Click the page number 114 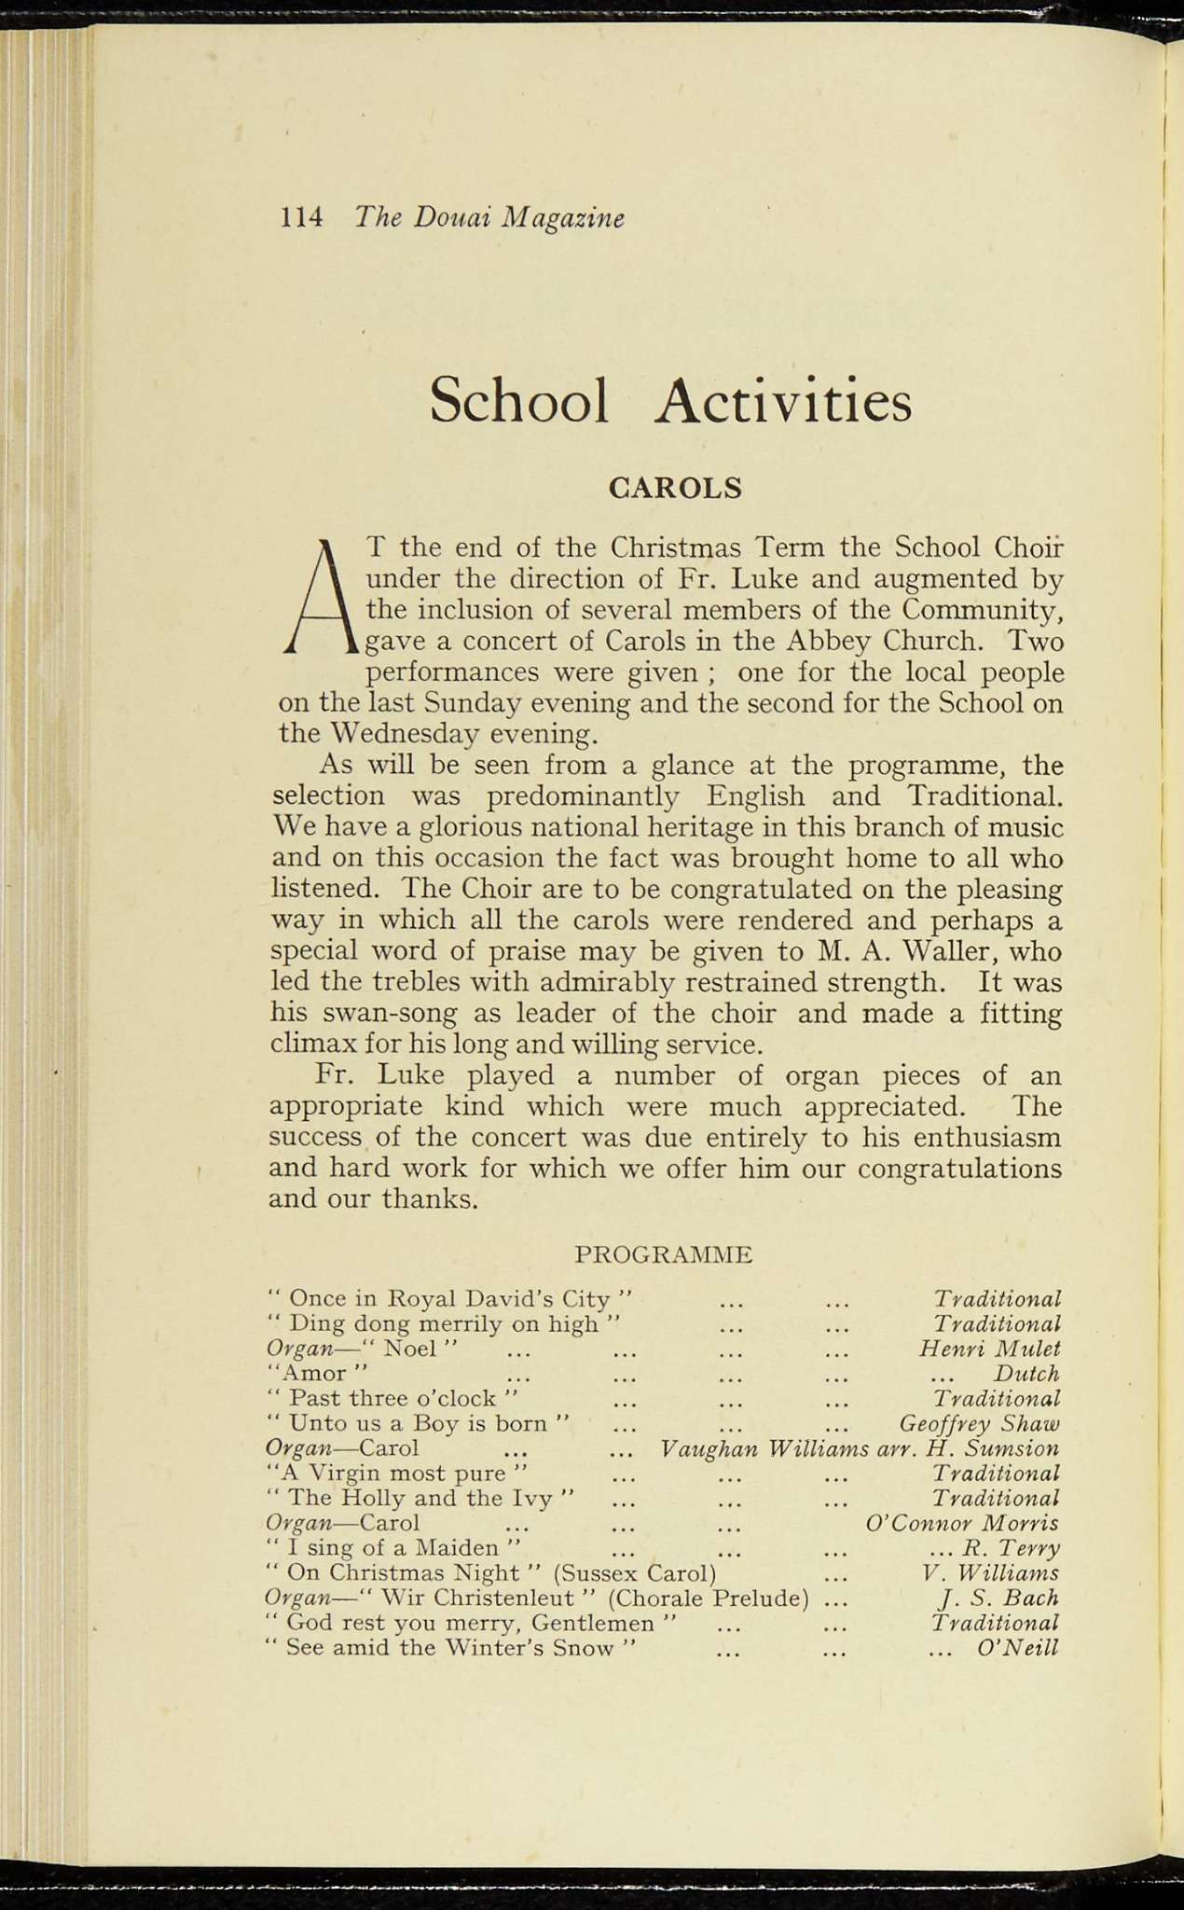pos(301,218)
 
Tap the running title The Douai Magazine pos(489,218)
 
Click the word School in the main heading pos(519,401)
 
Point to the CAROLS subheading pos(674,488)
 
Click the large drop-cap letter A pos(320,597)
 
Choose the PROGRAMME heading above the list pos(663,1254)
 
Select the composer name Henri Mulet pos(989,1349)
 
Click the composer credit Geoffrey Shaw pos(979,1423)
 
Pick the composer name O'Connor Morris pos(962,1524)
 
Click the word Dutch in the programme pos(1026,1374)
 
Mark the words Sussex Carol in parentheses pos(634,1573)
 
